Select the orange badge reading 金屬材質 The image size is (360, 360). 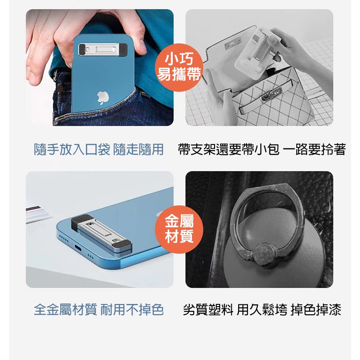[x=179, y=228]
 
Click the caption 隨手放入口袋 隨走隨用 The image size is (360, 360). [x=99, y=149]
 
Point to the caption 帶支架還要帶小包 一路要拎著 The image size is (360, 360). [x=261, y=149]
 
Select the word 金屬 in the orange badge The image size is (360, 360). [x=179, y=221]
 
